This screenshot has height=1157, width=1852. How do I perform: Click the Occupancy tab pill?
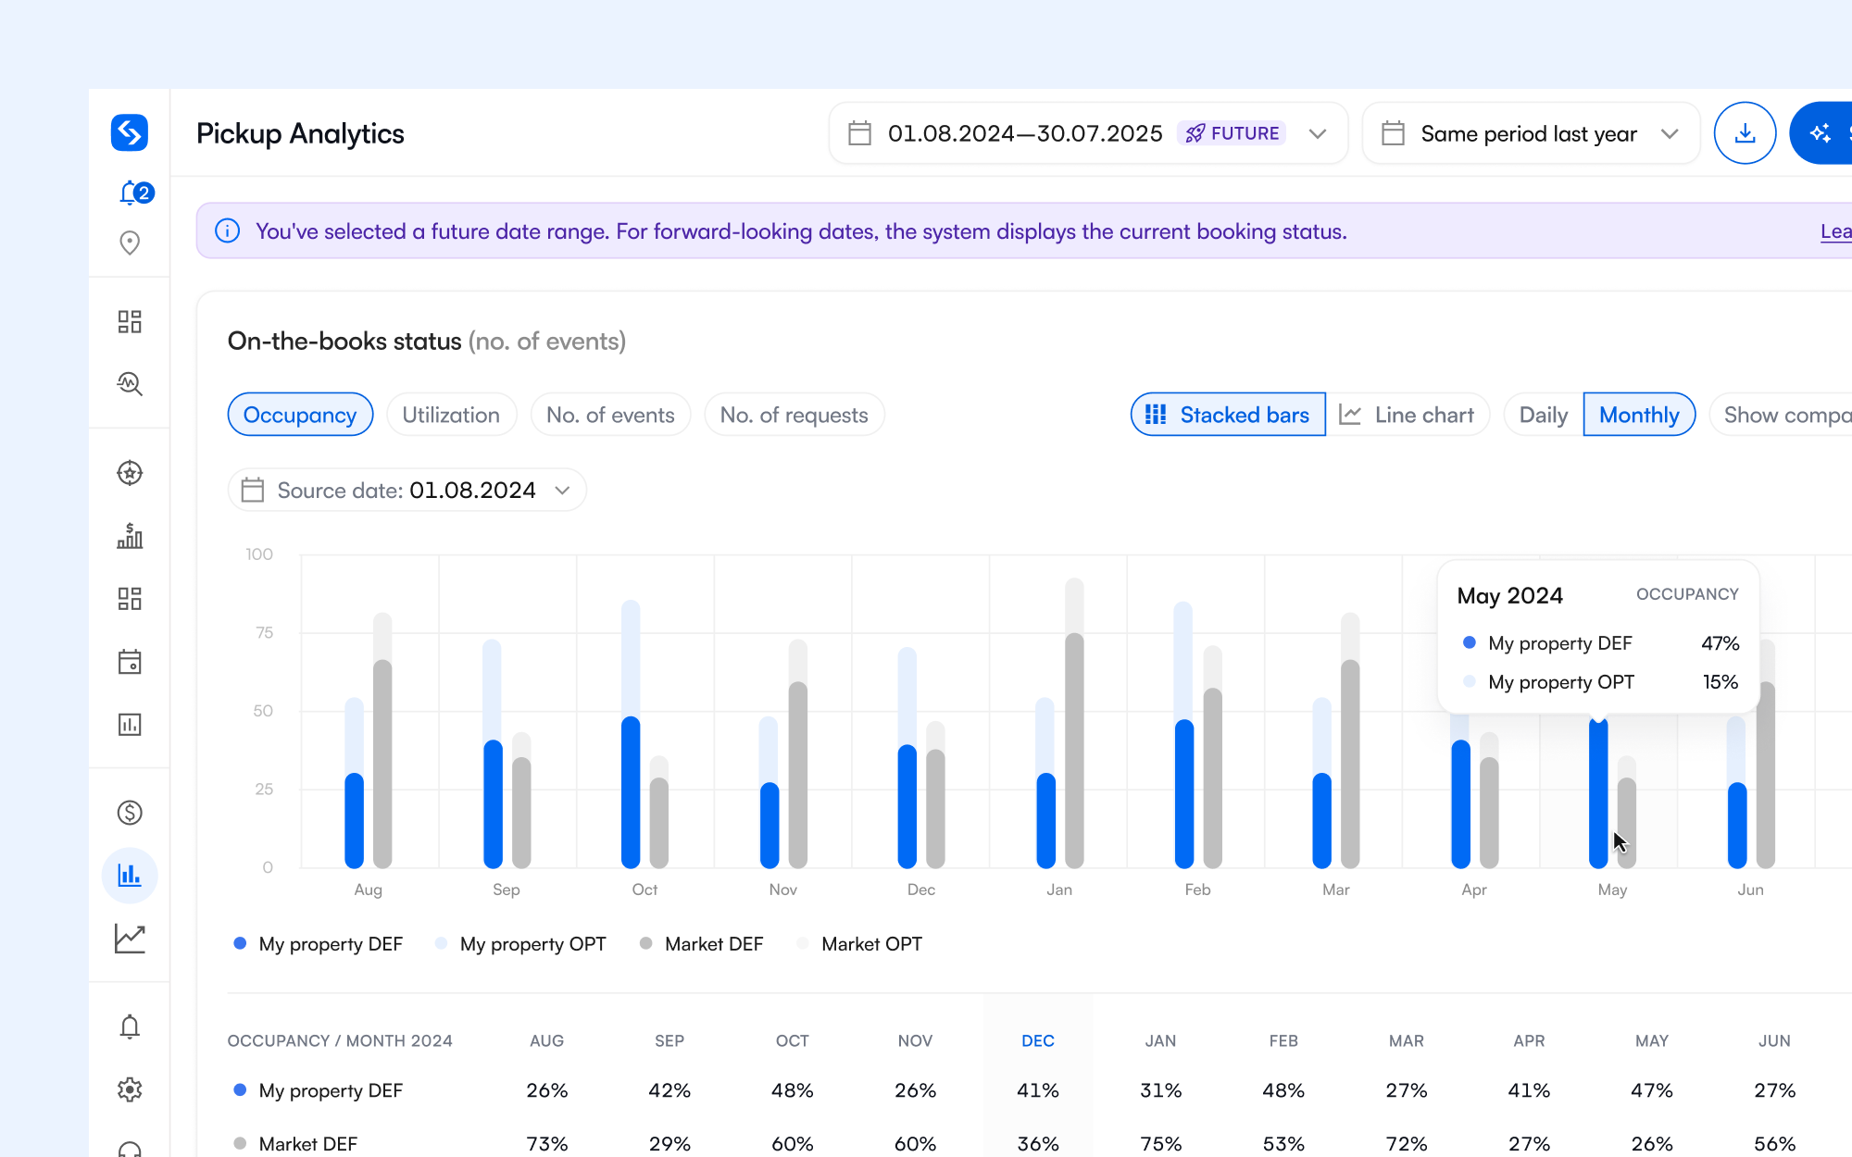click(300, 415)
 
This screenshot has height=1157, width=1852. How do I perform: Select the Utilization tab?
click(451, 415)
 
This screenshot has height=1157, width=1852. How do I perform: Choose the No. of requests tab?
click(794, 415)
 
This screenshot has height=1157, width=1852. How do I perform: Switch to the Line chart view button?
click(1408, 415)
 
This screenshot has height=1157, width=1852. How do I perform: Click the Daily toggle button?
click(1543, 415)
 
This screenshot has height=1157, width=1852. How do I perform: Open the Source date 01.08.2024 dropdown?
click(407, 490)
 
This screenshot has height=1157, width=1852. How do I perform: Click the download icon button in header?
click(1745, 133)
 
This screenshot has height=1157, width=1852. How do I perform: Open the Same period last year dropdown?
click(1531, 133)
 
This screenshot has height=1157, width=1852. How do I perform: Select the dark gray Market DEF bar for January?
click(1074, 750)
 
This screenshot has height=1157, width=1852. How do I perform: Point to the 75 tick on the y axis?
click(265, 633)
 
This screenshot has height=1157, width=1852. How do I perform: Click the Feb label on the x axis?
click(1197, 890)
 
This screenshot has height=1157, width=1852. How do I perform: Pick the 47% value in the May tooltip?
click(1720, 643)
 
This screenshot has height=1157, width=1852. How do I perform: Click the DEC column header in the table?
click(1037, 1040)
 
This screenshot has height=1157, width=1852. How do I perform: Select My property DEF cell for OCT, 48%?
click(792, 1090)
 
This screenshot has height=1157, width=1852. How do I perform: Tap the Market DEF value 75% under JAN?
click(1160, 1143)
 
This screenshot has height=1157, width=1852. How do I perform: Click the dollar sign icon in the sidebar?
click(130, 813)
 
